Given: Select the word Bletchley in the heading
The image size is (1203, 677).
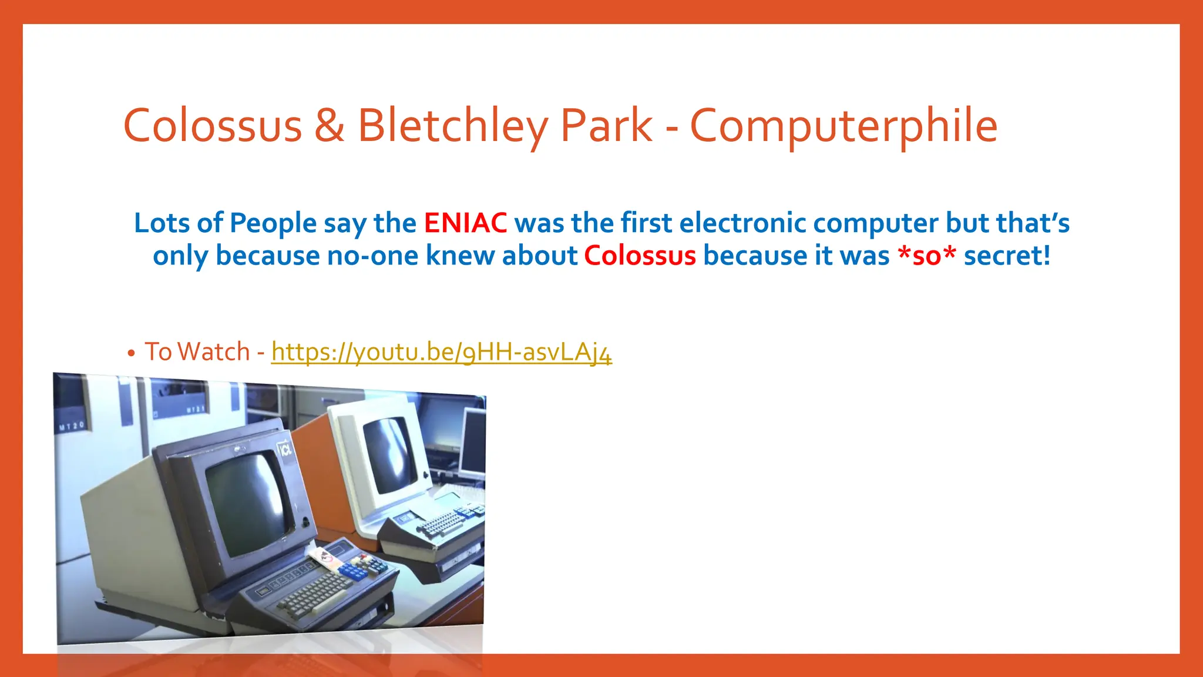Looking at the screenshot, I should [452, 126].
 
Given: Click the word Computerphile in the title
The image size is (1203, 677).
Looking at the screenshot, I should [844, 126].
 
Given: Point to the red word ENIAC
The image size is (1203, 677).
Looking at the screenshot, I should [465, 223].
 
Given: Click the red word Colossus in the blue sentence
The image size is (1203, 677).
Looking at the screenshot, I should [640, 256].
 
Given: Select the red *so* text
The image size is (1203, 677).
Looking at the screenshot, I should [927, 256].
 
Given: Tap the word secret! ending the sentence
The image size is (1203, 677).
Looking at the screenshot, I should [1007, 256].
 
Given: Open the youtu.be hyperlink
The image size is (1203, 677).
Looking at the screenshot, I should [441, 352].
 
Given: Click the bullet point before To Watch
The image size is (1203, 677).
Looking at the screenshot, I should [132, 353].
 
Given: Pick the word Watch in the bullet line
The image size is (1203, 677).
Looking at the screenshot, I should [214, 352].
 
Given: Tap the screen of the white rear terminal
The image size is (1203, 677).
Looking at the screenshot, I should [389, 454].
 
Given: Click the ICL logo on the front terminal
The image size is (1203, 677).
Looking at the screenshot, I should [285, 450].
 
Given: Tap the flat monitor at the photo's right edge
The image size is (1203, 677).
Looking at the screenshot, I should [473, 444].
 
